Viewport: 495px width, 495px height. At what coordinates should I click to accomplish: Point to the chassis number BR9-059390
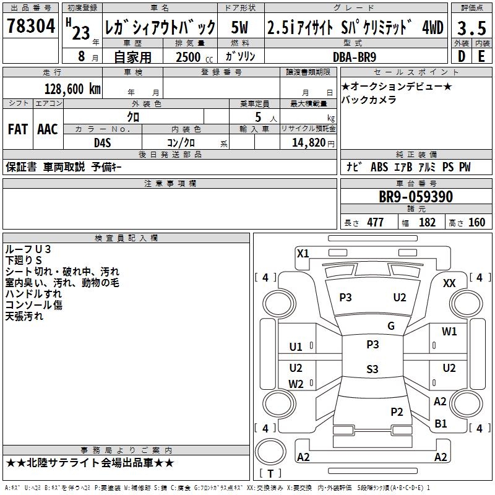coord(415,197)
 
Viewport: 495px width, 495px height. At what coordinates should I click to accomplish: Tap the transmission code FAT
coord(17,129)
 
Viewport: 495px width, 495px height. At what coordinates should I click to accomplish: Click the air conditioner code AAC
coord(47,129)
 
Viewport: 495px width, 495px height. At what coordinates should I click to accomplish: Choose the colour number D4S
coord(102,142)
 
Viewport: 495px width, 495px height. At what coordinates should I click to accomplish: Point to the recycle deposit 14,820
coord(308,142)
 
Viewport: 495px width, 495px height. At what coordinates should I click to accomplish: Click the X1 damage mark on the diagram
coord(303,253)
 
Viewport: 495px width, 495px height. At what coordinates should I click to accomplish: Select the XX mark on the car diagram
coord(450,283)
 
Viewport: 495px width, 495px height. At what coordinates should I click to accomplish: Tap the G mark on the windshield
coord(390,326)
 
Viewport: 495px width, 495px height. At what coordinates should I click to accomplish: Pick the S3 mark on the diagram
coord(372,369)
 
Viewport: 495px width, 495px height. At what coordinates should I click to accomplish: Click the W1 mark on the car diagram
coord(449,332)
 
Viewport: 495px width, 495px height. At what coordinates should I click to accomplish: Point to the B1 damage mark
coord(441,424)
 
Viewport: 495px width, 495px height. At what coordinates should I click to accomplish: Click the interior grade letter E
coord(481,56)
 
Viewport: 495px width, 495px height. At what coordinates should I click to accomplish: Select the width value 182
coord(427,223)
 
